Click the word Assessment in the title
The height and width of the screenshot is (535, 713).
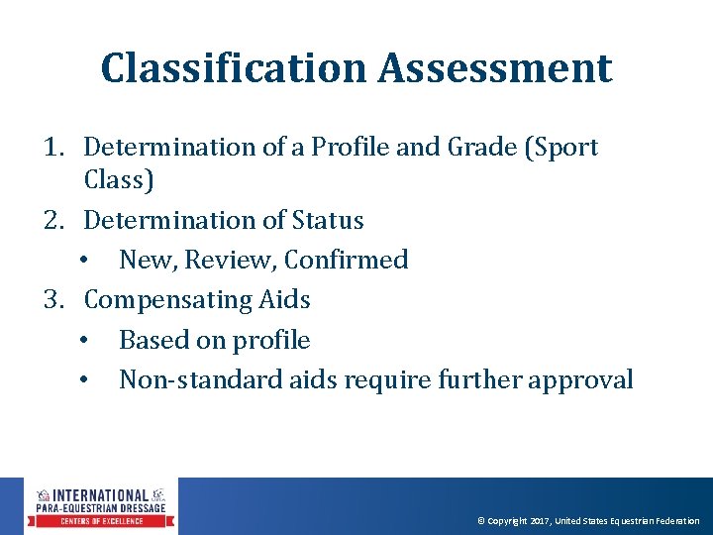tap(495, 68)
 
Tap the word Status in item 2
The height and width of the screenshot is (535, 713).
tap(328, 220)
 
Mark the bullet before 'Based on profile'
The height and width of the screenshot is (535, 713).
tap(87, 340)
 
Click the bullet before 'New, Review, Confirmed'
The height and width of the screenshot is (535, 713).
tap(87, 261)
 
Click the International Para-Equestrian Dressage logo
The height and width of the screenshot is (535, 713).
tap(101, 506)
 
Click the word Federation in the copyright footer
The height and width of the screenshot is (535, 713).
tap(675, 521)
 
